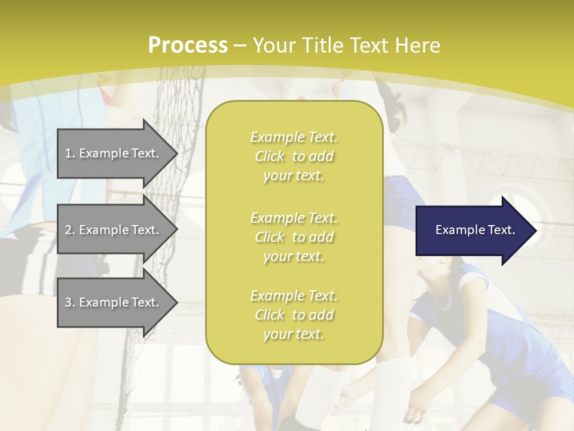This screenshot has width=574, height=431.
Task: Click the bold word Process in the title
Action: pos(188,45)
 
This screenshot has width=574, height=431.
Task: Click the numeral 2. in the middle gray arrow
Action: pos(70,230)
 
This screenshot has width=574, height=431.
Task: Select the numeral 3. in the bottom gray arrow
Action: pos(70,303)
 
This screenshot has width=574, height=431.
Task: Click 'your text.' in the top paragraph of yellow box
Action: pos(294,176)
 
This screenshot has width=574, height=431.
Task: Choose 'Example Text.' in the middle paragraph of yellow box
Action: pos(294,218)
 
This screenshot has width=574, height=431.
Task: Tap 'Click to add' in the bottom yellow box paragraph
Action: pos(294,315)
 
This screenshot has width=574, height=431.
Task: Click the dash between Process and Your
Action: pos(240,45)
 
